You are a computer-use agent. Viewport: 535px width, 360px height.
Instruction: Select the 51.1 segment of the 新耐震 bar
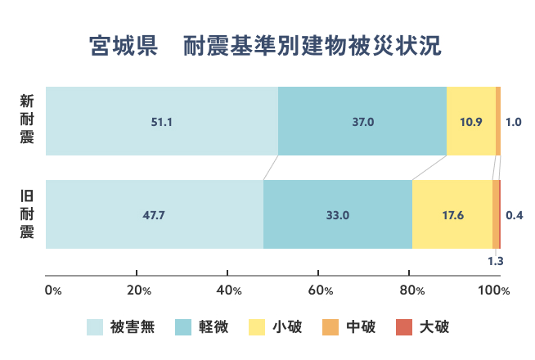pyautogui.click(x=162, y=121)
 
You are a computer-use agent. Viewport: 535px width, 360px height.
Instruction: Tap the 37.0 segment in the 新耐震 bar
pyautogui.click(x=362, y=121)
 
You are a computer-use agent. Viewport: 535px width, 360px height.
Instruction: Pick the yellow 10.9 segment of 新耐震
pyautogui.click(x=471, y=121)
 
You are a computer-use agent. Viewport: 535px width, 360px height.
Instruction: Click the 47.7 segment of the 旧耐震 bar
pyautogui.click(x=155, y=215)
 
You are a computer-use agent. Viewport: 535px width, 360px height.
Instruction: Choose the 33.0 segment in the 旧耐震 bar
pyautogui.click(x=338, y=215)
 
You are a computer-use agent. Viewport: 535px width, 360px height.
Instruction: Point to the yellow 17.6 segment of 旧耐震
pyautogui.click(x=452, y=215)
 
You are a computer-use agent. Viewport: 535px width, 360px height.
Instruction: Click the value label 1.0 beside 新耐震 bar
pyautogui.click(x=514, y=122)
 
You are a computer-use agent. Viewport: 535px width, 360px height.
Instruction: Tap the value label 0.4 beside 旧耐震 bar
pyautogui.click(x=515, y=215)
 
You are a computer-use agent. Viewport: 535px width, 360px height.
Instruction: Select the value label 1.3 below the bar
pyautogui.click(x=495, y=262)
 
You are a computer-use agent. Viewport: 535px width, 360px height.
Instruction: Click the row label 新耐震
pyautogui.click(x=27, y=120)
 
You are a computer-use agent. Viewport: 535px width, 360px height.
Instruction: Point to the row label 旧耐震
pyautogui.click(x=27, y=214)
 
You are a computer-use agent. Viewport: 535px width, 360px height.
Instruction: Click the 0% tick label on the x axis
pyautogui.click(x=53, y=290)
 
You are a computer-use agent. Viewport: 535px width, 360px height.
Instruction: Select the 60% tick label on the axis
pyautogui.click(x=321, y=290)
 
